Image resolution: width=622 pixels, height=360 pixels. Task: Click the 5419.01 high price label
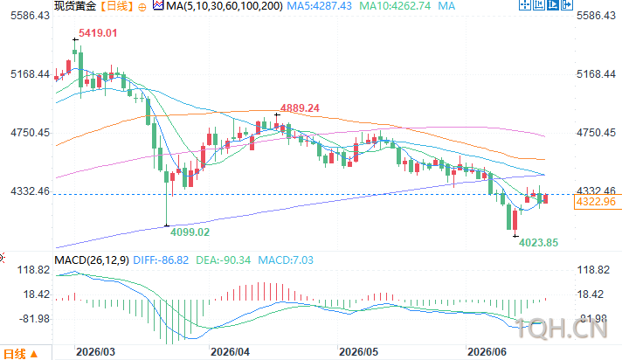point(98,33)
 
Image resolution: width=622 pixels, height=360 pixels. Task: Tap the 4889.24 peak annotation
point(300,108)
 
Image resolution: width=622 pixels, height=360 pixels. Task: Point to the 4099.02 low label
point(190,232)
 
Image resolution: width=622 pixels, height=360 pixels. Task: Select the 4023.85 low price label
point(538,243)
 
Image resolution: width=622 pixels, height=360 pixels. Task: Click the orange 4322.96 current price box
point(596,202)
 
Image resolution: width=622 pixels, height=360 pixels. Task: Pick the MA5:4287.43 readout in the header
point(320,6)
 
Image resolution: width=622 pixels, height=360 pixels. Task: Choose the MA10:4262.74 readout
point(395,6)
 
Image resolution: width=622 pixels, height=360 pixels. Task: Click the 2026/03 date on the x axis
point(95,352)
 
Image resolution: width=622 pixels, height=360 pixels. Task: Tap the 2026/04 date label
point(230,352)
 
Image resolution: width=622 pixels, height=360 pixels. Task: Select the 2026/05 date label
point(358,352)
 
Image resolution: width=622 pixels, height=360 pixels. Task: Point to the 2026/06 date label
point(487,352)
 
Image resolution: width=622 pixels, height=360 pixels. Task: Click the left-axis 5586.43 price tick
point(31,16)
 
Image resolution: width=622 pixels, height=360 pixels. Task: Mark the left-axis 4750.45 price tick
point(31,133)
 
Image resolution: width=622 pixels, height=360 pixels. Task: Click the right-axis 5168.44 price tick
point(596,74)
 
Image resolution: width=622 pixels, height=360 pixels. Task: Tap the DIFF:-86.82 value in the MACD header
point(161,260)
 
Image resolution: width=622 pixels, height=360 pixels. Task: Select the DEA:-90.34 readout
point(224,260)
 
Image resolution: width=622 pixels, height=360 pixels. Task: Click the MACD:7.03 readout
point(286,260)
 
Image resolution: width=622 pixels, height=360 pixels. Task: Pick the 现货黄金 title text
point(75,6)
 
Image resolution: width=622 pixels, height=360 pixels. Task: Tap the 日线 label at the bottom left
point(15,354)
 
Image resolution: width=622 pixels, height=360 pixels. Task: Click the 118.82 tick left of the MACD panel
point(33,270)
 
